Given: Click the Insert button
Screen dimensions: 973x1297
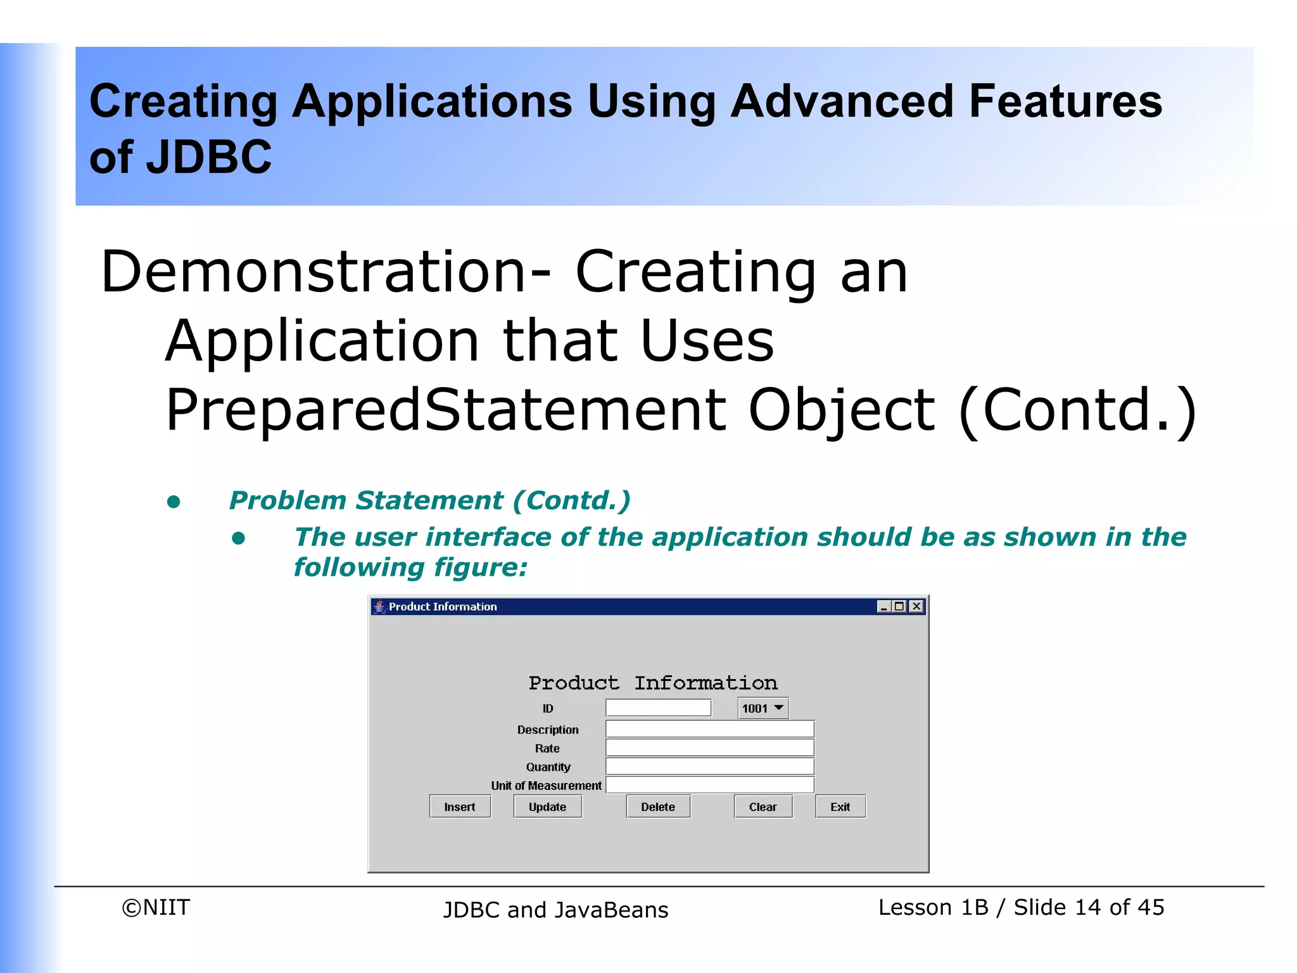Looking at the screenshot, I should [460, 806].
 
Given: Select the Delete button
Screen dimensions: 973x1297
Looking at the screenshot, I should [657, 806].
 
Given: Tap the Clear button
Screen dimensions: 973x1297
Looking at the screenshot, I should [762, 806].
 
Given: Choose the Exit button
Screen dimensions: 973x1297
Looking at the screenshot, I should [840, 806].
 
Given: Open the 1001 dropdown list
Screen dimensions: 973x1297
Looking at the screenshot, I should [763, 708].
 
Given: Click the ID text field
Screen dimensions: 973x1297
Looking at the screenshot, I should [658, 708].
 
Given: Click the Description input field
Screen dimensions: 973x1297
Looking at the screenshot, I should [709, 729].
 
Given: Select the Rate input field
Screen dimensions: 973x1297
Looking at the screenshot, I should [709, 748].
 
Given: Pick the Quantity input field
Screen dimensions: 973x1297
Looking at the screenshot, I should [709, 766].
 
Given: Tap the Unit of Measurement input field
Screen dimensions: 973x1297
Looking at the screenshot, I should [709, 785].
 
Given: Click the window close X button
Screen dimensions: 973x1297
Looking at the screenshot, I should [916, 606].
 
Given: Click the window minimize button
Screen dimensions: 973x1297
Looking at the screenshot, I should [883, 606].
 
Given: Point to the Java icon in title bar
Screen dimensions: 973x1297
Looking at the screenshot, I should [379, 606].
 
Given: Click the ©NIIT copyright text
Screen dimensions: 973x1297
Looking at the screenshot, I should [156, 907].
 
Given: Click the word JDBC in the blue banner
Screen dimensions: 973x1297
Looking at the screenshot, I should [208, 157].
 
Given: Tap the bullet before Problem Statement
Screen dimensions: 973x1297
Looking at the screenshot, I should [174, 502].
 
